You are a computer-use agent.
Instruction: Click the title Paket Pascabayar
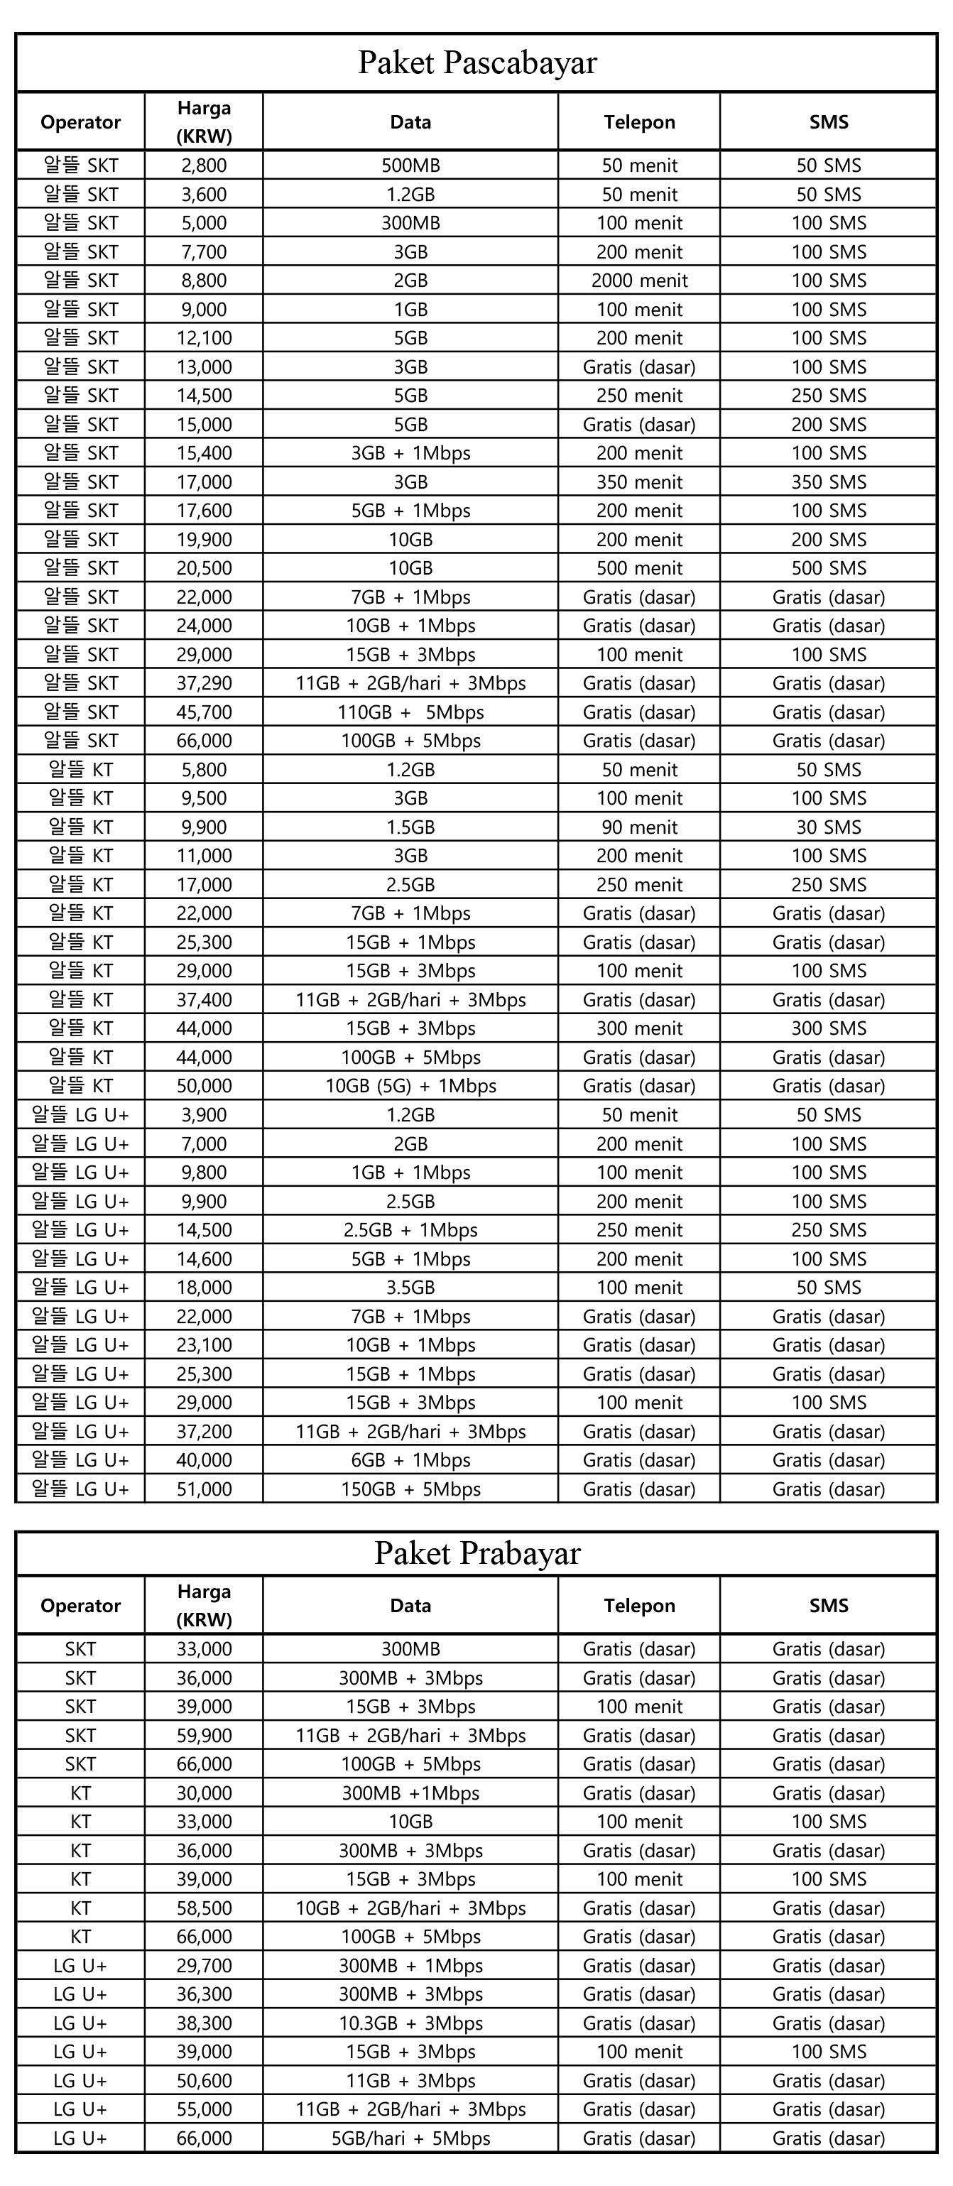[x=477, y=62]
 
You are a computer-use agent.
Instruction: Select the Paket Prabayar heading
[x=477, y=1554]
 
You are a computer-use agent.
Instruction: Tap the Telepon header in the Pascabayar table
[x=639, y=122]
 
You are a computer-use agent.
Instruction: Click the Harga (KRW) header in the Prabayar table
[x=204, y=1606]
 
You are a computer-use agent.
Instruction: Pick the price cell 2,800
[x=204, y=165]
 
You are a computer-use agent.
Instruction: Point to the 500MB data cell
[x=410, y=165]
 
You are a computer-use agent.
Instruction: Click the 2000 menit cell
[x=639, y=281]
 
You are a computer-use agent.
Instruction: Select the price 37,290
[x=204, y=683]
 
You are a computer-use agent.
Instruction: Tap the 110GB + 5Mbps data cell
[x=410, y=712]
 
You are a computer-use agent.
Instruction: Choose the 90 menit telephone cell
[x=639, y=827]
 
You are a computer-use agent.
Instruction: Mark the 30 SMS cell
[x=828, y=827]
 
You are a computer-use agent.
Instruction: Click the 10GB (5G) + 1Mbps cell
[x=410, y=1086]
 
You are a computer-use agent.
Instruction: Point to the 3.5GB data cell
[x=410, y=1288]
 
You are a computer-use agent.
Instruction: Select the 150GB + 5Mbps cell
[x=410, y=1489]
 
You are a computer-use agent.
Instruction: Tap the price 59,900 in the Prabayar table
[x=204, y=1736]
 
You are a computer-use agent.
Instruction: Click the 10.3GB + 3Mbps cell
[x=410, y=2023]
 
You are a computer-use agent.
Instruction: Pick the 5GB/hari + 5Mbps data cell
[x=410, y=2138]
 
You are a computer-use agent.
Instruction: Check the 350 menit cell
[x=639, y=482]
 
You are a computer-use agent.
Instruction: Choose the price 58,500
[x=204, y=1908]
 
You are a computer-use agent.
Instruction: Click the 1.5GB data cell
[x=410, y=827]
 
